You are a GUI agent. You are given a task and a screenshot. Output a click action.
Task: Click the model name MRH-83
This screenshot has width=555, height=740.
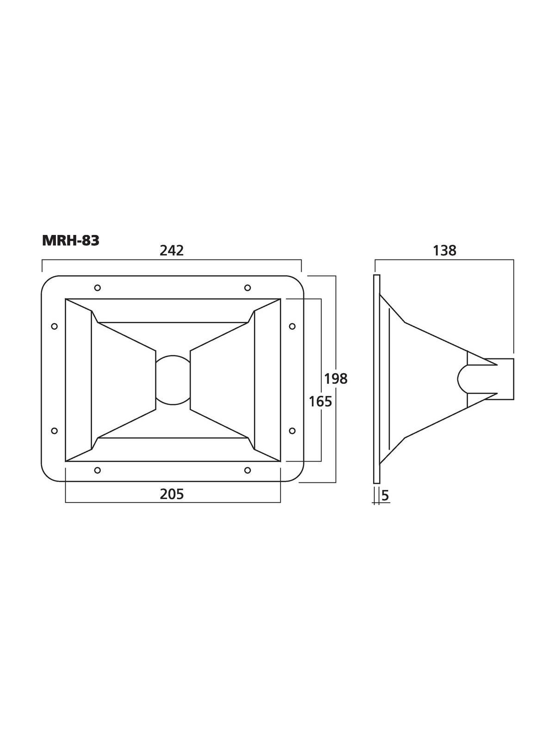click(x=70, y=240)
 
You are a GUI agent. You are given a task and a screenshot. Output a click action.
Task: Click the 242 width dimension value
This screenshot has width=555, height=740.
click(x=172, y=251)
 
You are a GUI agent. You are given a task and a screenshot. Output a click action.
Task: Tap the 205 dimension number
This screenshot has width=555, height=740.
click(x=172, y=494)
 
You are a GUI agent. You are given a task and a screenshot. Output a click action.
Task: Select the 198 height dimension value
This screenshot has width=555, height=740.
click(x=336, y=379)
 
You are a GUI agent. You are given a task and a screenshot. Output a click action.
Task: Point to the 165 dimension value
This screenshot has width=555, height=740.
click(x=321, y=401)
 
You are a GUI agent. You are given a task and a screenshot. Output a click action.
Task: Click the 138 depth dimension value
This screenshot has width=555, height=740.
click(x=444, y=251)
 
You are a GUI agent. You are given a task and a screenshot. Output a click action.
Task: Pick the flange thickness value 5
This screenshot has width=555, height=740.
click(x=386, y=495)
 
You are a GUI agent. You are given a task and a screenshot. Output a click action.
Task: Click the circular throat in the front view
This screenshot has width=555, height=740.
click(x=173, y=379)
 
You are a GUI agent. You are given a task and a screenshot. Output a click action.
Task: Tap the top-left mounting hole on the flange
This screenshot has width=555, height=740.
click(x=98, y=288)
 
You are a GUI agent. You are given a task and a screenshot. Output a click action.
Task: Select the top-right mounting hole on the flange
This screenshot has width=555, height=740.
click(x=247, y=288)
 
